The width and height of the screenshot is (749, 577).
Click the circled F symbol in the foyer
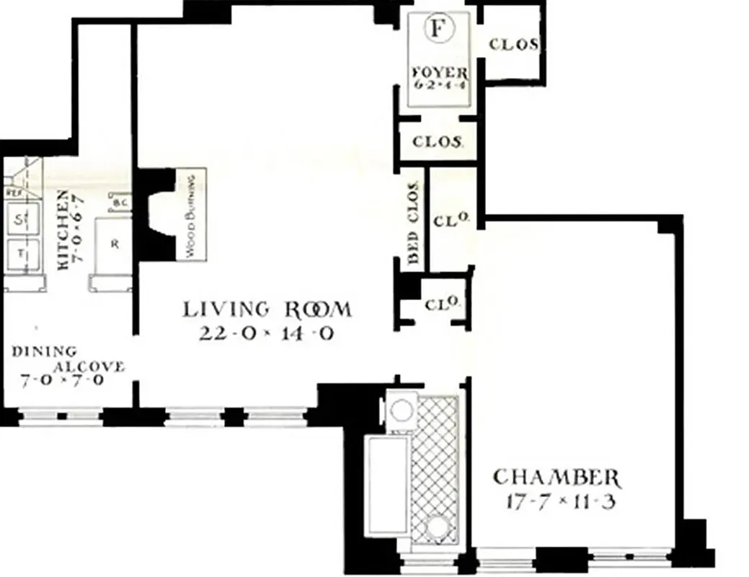[437, 29]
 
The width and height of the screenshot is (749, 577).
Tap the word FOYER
[439, 73]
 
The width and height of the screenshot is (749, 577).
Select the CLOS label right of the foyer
[513, 44]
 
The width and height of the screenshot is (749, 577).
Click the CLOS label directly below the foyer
[437, 142]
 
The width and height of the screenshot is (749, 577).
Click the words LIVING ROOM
[267, 310]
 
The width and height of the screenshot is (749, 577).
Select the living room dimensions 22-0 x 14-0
[267, 334]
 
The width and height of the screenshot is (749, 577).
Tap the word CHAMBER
[555, 477]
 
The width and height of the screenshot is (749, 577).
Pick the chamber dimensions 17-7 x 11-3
[555, 501]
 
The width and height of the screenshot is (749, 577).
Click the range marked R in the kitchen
[115, 244]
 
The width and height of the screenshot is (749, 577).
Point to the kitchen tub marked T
[20, 254]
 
